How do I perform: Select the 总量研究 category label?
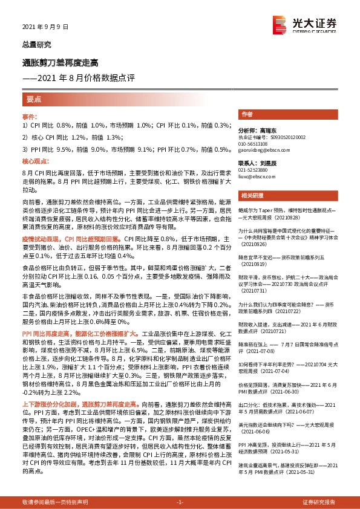(x=36, y=45)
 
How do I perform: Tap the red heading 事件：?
(x=30, y=116)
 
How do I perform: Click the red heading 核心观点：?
(x=34, y=162)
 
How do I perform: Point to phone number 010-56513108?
(x=256, y=144)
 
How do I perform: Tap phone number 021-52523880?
(x=256, y=171)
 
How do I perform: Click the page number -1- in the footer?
(x=180, y=502)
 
